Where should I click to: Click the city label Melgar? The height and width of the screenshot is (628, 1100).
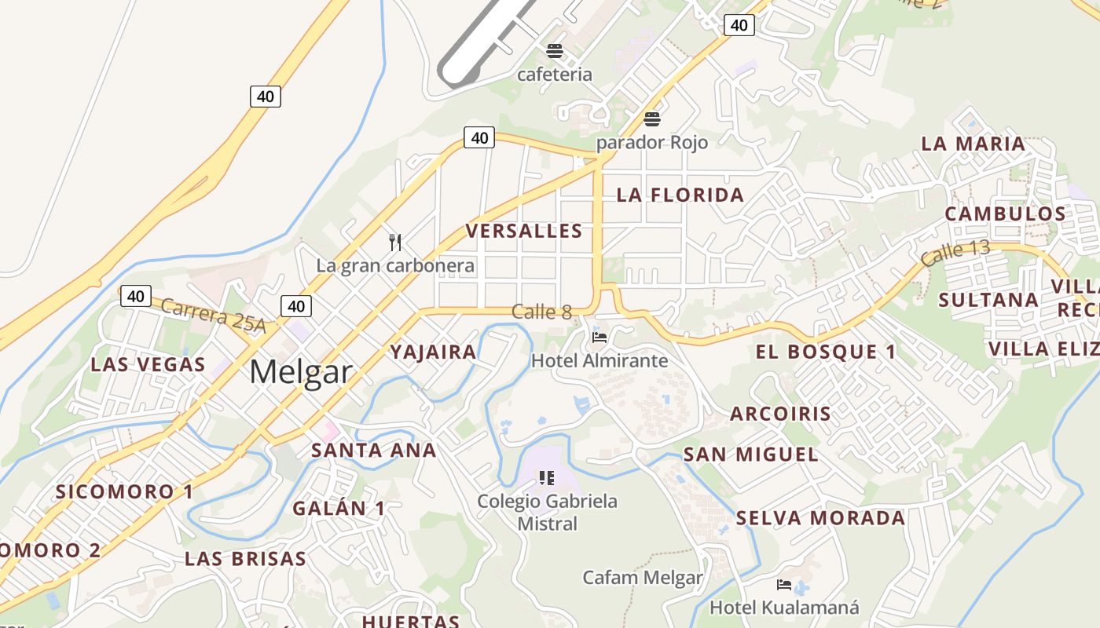[300, 372]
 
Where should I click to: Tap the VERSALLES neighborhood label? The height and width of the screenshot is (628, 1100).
[524, 231]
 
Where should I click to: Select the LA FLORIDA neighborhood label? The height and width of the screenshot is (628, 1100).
[680, 195]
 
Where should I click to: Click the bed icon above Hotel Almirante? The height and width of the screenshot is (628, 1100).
[599, 338]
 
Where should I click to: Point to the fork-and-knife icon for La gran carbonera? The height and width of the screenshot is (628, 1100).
[395, 242]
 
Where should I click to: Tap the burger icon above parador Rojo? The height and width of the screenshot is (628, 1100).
[651, 120]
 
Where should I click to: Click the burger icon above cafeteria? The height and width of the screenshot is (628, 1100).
[555, 52]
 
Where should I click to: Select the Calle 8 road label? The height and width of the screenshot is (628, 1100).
[541, 312]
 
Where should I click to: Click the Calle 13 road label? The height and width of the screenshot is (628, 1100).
[955, 253]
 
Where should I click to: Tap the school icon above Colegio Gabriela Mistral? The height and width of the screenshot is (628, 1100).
[547, 477]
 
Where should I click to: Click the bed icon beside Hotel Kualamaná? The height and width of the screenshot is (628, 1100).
[783, 585]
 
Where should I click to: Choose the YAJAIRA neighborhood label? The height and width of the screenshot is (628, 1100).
[434, 352]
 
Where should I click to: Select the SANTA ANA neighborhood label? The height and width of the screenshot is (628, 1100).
[373, 451]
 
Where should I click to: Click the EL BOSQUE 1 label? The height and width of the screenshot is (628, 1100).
[826, 352]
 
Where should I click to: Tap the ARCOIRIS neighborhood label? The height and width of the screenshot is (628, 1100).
[780, 414]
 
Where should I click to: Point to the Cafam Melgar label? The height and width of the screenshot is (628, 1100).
[643, 578]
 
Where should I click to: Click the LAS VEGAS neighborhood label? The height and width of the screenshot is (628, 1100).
[148, 364]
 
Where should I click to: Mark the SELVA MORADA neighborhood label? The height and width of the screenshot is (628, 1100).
[820, 518]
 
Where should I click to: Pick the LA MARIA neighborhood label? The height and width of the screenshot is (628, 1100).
[973, 144]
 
